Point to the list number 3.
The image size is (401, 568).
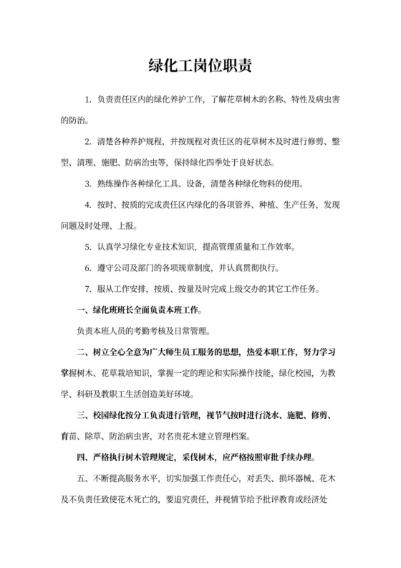(87, 184)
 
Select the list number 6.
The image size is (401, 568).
(87, 268)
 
